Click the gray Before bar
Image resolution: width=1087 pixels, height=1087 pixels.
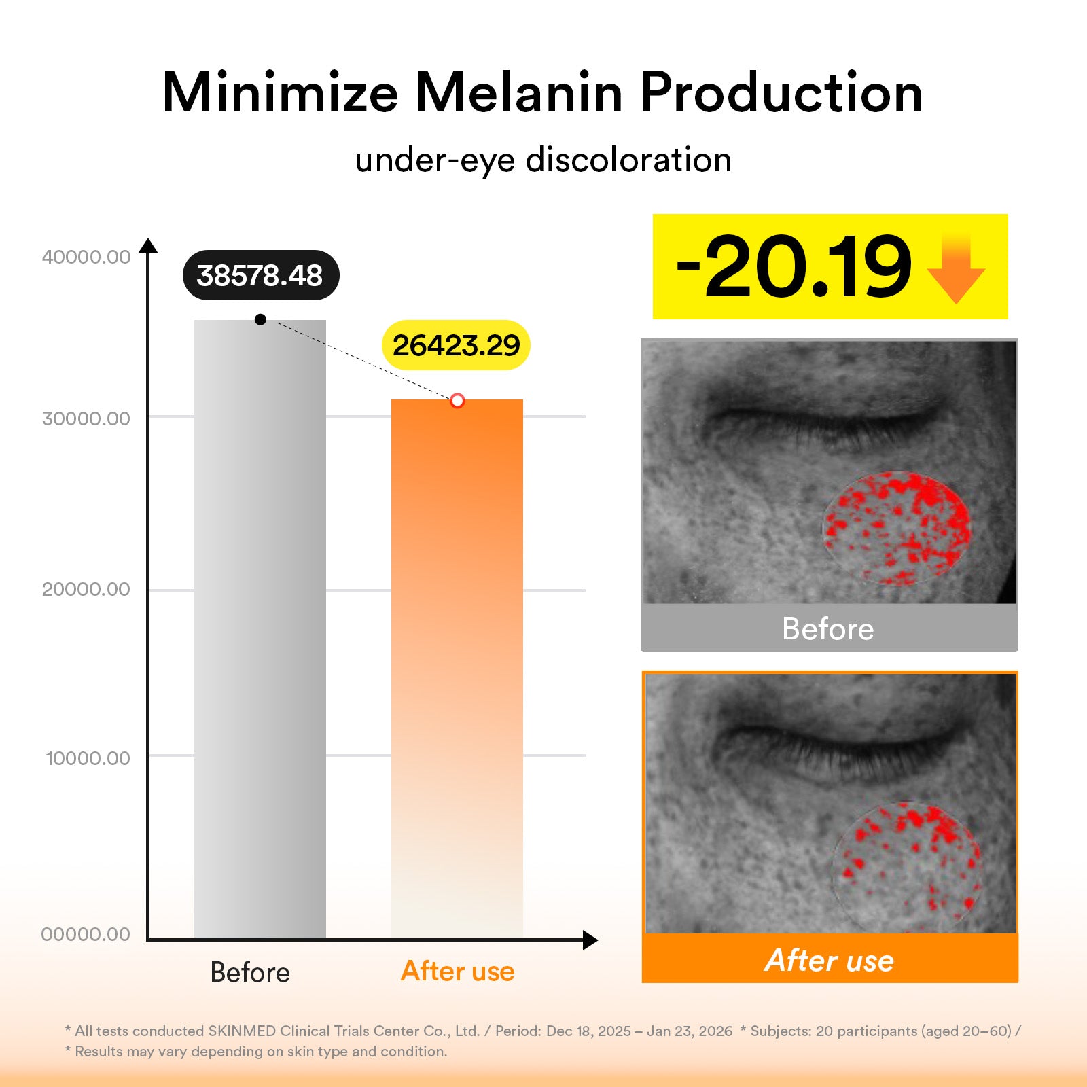(x=260, y=628)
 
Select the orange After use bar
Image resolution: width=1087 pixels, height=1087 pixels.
(x=457, y=669)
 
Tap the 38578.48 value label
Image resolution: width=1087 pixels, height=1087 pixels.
(x=260, y=275)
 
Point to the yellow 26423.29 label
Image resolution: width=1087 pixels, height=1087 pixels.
(x=456, y=345)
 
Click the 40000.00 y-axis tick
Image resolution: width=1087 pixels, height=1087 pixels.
(x=86, y=257)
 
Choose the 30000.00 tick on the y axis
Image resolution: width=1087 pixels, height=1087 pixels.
(x=86, y=418)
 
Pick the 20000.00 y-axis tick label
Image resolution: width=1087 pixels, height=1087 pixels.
(x=86, y=589)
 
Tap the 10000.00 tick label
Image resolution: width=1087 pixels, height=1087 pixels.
(x=88, y=758)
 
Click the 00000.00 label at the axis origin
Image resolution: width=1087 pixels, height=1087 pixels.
(x=86, y=934)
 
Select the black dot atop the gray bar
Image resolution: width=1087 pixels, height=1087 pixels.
(x=260, y=319)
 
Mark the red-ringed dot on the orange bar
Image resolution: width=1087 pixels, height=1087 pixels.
(x=457, y=400)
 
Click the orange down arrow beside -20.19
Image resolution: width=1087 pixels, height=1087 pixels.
(x=956, y=268)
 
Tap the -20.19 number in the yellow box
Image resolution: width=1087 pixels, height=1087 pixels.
(x=794, y=267)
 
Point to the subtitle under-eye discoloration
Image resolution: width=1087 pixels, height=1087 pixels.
(x=543, y=160)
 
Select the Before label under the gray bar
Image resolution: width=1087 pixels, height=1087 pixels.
(x=250, y=972)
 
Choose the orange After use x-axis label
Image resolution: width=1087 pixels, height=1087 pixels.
(x=457, y=971)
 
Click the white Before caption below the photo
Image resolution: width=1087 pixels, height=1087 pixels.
(x=827, y=629)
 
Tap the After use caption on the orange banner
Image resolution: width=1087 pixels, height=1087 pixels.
(x=830, y=960)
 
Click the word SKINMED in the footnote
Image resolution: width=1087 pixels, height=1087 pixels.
(x=242, y=1031)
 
